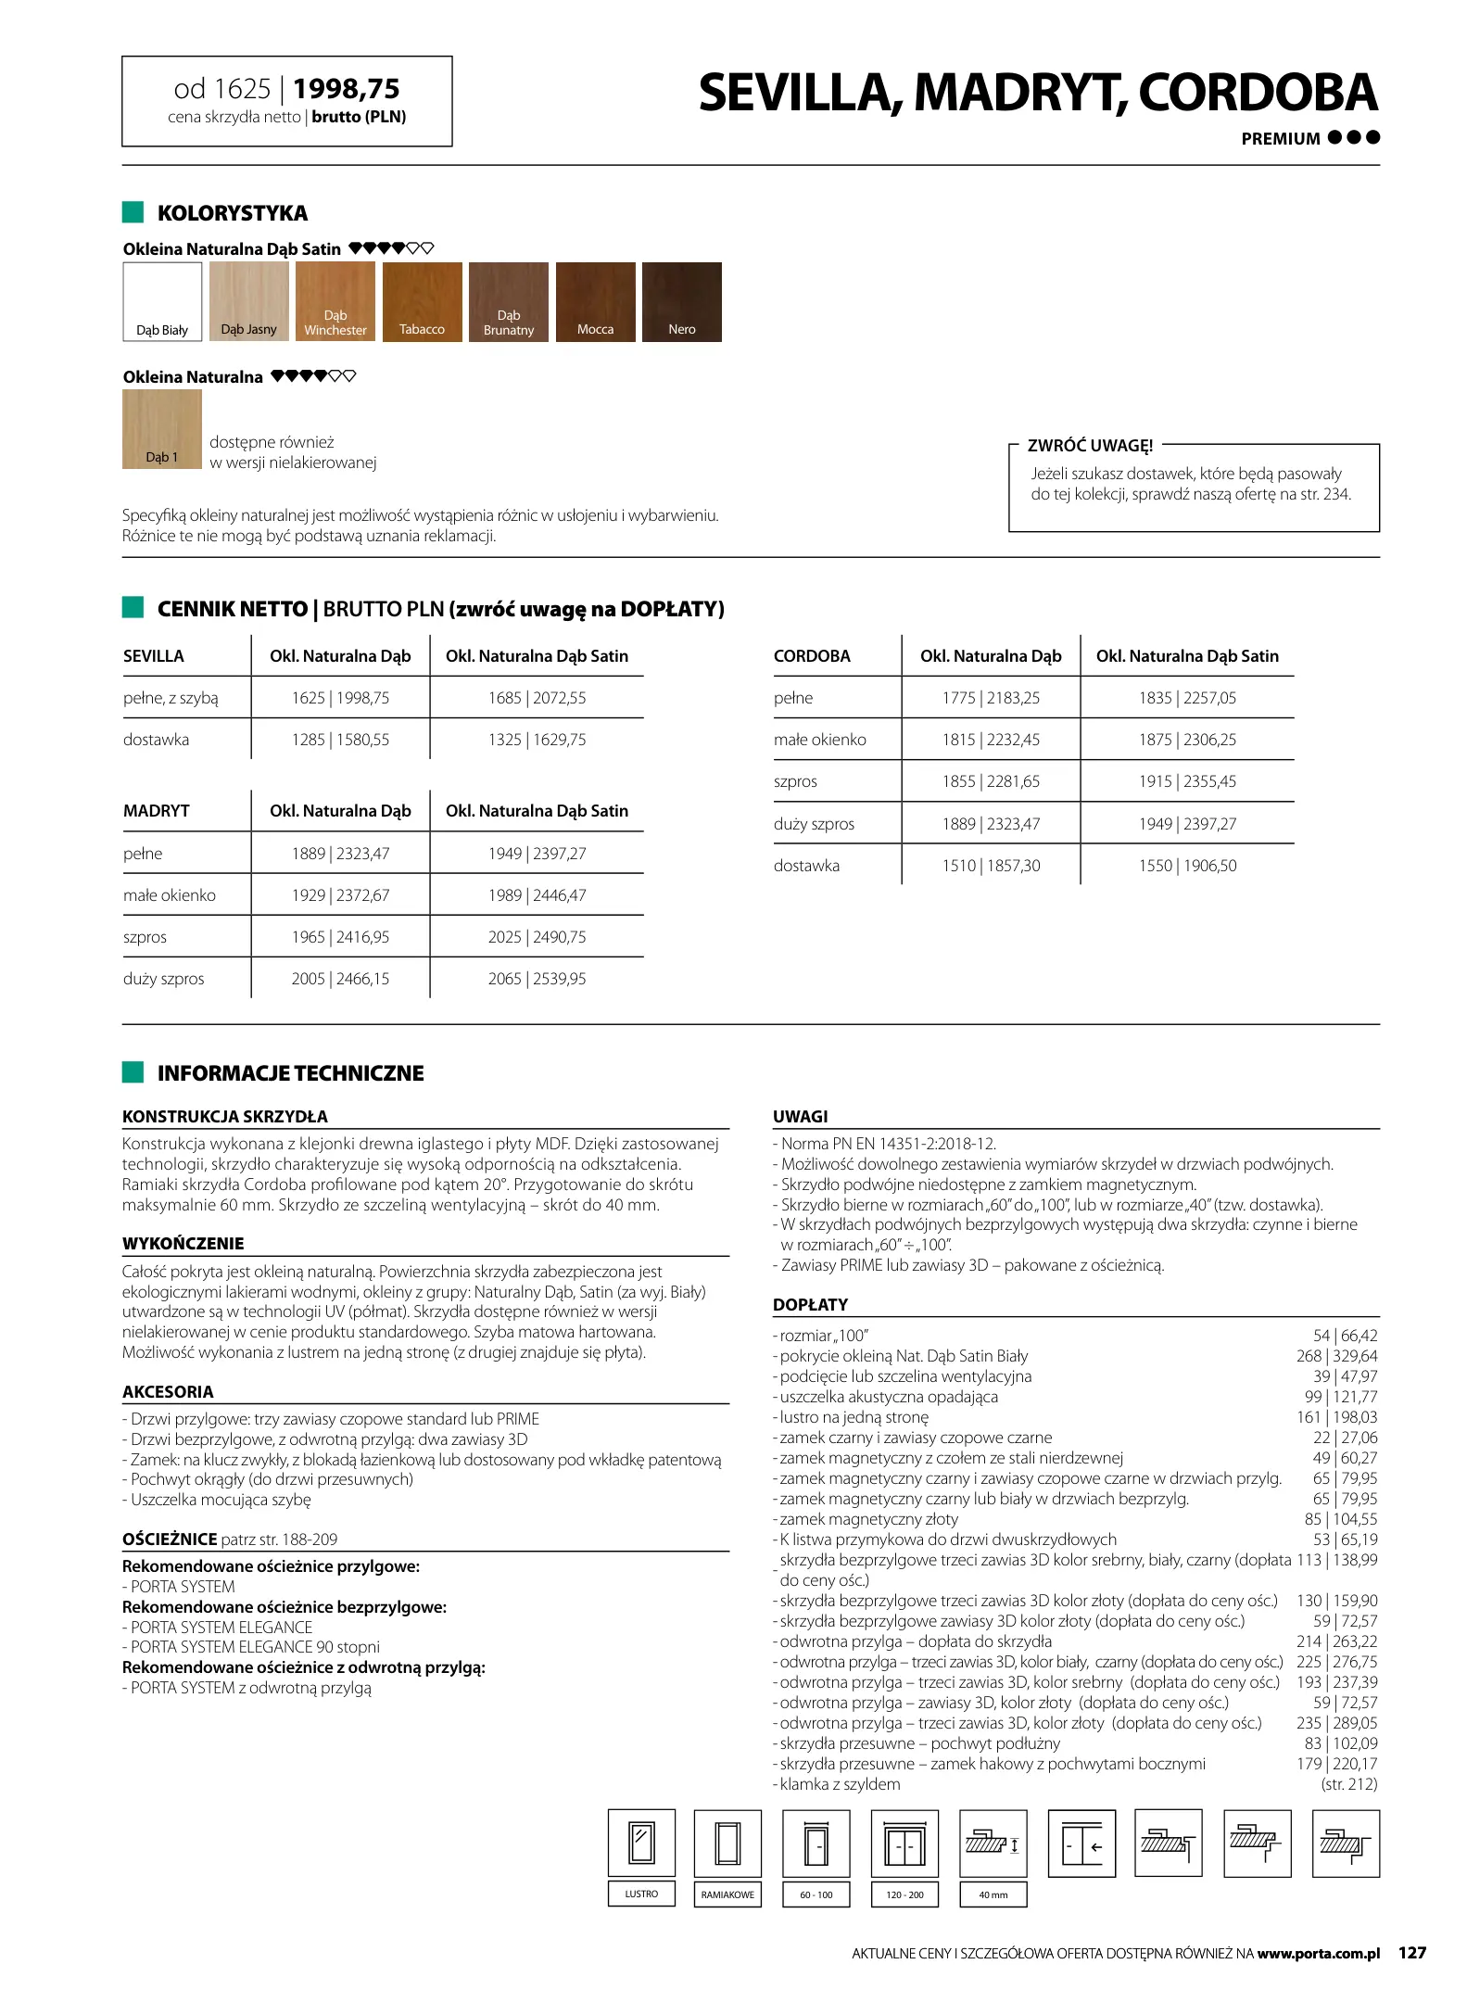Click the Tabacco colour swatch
tap(422, 302)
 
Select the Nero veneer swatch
tap(681, 302)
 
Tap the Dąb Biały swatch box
tap(162, 302)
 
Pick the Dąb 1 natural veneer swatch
tap(162, 429)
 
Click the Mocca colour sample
tap(595, 302)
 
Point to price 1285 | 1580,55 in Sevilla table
tap(340, 740)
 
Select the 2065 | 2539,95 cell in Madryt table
tap(537, 979)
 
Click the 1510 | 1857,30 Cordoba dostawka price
tap(991, 866)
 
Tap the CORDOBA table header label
tap(812, 656)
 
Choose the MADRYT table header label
tap(156, 811)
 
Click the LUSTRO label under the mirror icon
tap(641, 1894)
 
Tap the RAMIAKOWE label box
tap(727, 1894)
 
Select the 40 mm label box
tap(993, 1894)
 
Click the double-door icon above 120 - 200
tap(904, 1844)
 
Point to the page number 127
tap(1412, 1953)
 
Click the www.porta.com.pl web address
tap(1319, 1954)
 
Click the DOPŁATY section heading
tap(810, 1305)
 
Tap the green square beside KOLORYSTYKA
tap(133, 212)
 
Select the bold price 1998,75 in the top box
tap(347, 89)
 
